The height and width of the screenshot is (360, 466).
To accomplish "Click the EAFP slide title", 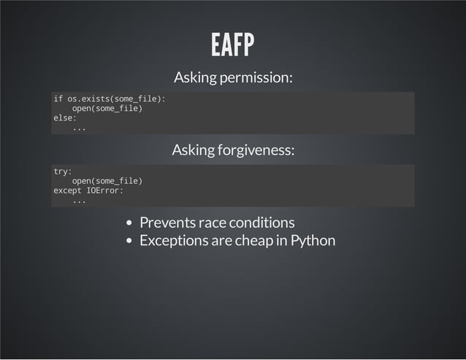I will point(232,45).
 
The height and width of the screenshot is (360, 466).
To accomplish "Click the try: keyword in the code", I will point(63,171).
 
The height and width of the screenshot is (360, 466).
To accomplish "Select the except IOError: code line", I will point(88,191).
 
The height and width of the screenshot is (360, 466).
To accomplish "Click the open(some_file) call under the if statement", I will point(107,108).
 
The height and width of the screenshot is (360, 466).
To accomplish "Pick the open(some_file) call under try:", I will point(107,180).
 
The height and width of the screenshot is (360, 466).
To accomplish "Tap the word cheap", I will point(254,240).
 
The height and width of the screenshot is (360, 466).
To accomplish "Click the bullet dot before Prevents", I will point(129,223).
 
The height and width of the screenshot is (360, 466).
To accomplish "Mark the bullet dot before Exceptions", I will point(129,241).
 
